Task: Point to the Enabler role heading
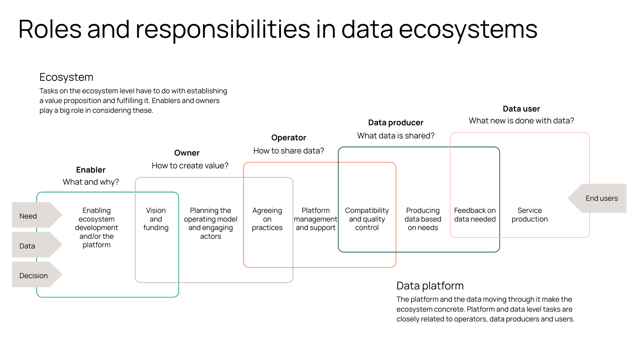click(x=90, y=170)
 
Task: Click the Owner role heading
click(x=187, y=153)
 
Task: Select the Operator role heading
click(x=288, y=138)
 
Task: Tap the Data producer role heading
click(x=396, y=123)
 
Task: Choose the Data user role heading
click(x=521, y=109)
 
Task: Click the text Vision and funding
click(x=156, y=219)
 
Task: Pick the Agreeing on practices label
click(x=267, y=219)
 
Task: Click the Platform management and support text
click(x=315, y=219)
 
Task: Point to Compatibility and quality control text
click(x=367, y=219)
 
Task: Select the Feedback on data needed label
click(x=474, y=215)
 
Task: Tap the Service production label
click(x=529, y=215)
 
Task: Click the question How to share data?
click(x=288, y=151)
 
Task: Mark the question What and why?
click(x=90, y=182)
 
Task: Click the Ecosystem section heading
click(x=66, y=77)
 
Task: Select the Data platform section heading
click(x=430, y=286)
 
